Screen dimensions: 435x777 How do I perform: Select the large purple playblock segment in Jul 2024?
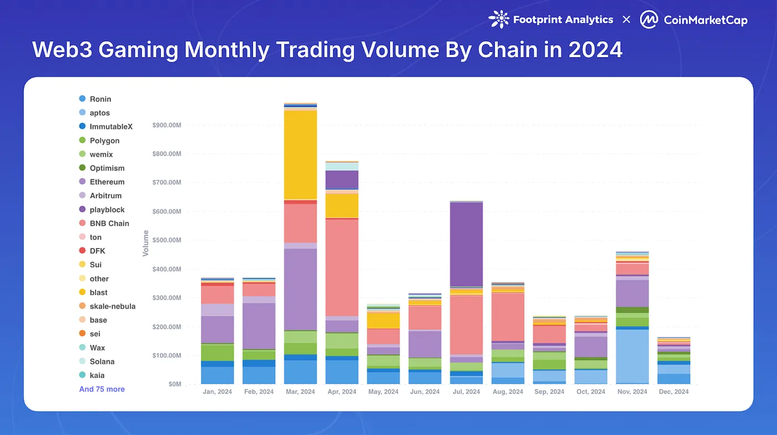[x=466, y=244]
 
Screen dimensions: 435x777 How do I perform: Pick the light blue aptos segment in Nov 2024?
[x=632, y=356]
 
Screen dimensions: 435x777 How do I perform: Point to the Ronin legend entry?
[x=100, y=99]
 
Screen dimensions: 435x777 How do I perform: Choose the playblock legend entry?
[x=107, y=210]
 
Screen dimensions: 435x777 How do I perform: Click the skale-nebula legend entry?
[x=112, y=306]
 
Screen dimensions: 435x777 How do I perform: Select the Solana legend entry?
[x=102, y=362]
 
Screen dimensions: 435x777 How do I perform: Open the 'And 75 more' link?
[x=102, y=390]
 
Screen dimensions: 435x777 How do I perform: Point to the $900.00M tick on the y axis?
[x=167, y=125]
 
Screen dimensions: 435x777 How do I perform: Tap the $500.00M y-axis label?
[x=167, y=240]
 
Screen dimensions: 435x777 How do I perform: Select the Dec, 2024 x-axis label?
[x=673, y=392]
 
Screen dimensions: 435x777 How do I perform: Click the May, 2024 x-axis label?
[x=383, y=392]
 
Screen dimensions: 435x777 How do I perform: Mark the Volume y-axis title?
[x=146, y=244]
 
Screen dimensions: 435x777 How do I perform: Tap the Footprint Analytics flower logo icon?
[x=498, y=19]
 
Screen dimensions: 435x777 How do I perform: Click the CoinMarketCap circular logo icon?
[x=649, y=19]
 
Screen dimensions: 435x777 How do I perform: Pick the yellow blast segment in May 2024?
[x=383, y=320]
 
